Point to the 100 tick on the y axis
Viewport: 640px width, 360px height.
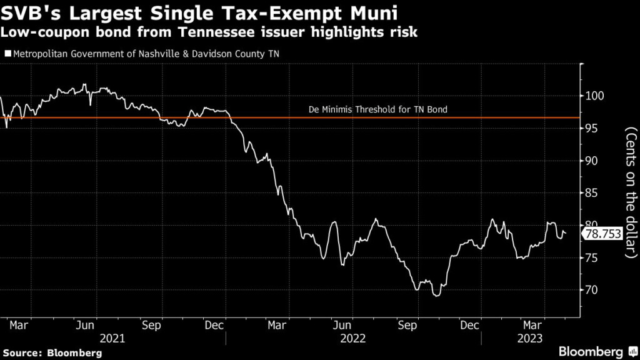pos(594,96)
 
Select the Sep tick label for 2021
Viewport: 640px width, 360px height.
pos(152,325)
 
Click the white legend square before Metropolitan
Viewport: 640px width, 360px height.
pos(7,54)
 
